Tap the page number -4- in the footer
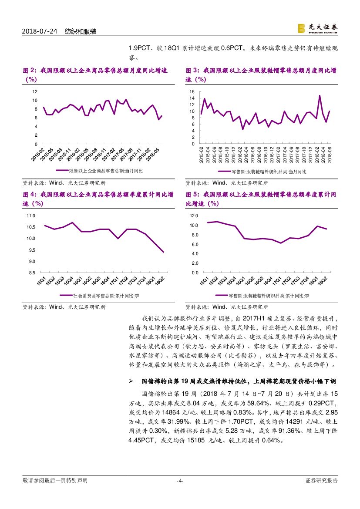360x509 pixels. click(x=180, y=481)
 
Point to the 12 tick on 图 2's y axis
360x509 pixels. click(x=35, y=91)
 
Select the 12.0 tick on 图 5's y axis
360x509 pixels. click(x=194, y=216)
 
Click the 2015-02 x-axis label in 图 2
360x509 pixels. click(x=37, y=155)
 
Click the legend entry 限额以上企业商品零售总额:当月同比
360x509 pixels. click(x=105, y=171)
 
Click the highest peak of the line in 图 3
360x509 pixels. click(x=320, y=95)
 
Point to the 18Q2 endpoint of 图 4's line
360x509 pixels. click(x=163, y=252)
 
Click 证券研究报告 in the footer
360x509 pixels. click(x=322, y=481)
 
